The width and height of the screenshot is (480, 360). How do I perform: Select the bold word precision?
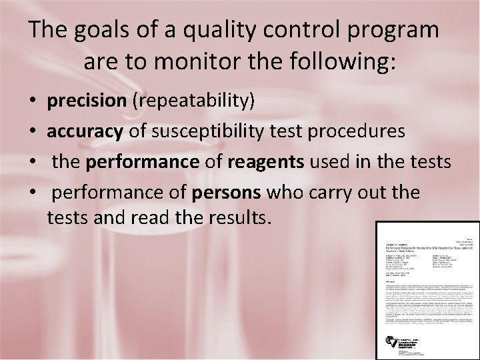[x=87, y=101]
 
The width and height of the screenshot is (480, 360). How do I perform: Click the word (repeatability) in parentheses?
[x=193, y=101]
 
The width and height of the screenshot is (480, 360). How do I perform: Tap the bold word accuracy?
[x=85, y=131]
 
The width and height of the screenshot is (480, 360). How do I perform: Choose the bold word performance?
[x=143, y=162]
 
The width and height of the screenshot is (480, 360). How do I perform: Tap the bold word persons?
[x=227, y=193]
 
